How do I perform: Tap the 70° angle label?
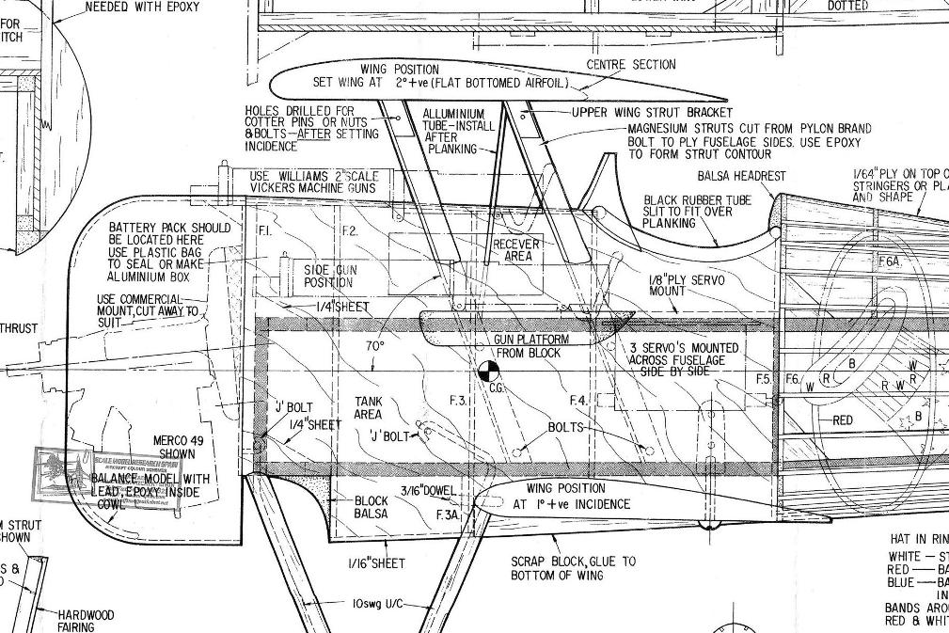(375, 346)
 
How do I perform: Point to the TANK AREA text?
(368, 408)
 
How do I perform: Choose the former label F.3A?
(448, 515)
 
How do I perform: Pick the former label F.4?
(578, 401)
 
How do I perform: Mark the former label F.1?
(264, 230)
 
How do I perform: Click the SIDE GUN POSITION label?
(329, 277)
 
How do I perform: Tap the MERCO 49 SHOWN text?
(174, 447)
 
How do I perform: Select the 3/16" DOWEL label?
(428, 490)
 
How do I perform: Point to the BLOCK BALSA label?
(371, 508)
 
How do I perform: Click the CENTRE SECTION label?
(631, 65)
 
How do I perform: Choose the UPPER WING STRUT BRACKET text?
(639, 113)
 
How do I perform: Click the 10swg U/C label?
(377, 603)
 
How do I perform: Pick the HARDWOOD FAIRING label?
(85, 621)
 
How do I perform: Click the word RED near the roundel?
(843, 420)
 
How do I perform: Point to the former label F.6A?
(890, 262)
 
